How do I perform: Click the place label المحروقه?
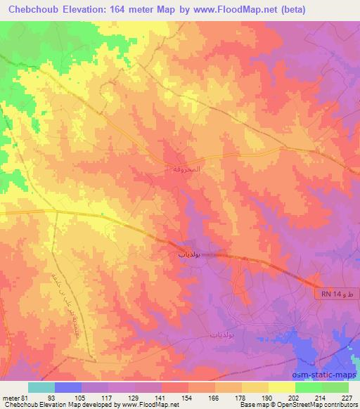click(x=174, y=169)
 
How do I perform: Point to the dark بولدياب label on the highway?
click(x=186, y=257)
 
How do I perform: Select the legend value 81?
click(x=25, y=397)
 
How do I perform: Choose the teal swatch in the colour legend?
click(x=41, y=387)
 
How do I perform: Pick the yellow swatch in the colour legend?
click(x=283, y=387)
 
